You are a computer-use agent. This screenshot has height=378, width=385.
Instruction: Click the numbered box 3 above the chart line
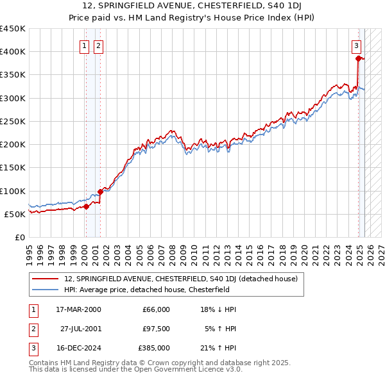[x=356, y=45]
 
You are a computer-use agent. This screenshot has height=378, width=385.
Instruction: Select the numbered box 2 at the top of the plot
[x=98, y=45]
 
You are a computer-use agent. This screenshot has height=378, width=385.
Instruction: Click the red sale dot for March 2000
[x=86, y=206]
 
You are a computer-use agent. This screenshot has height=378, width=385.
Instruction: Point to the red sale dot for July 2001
[x=100, y=192]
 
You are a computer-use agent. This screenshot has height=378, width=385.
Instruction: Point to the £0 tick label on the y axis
[x=19, y=237]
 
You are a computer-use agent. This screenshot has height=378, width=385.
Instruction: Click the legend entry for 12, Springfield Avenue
[x=180, y=279]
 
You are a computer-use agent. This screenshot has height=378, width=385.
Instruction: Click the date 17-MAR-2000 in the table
[x=78, y=309]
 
